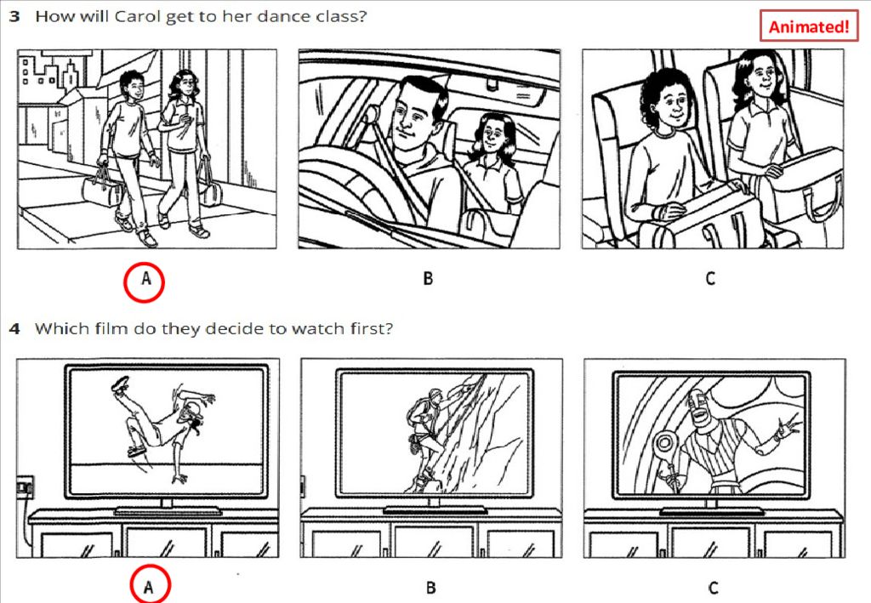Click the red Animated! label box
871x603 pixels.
point(809,26)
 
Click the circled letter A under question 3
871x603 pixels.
point(144,282)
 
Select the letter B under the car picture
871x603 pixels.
point(428,278)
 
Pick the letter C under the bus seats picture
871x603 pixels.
point(710,278)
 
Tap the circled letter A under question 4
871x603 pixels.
point(150,584)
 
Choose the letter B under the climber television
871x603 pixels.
point(430,588)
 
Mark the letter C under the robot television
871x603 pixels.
point(714,588)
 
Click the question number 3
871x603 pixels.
point(14,16)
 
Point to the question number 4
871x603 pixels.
point(15,328)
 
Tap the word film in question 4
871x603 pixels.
point(112,328)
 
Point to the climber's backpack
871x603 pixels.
point(416,412)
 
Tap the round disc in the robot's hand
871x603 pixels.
point(664,442)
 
